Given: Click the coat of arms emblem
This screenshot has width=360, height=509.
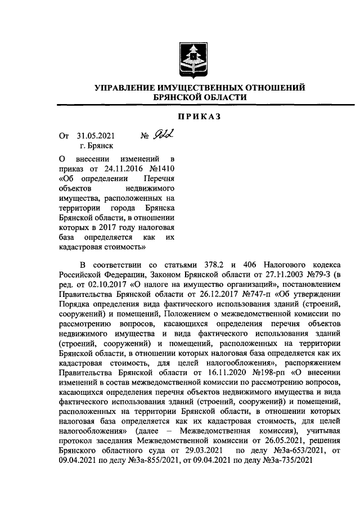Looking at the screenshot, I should tap(193, 58).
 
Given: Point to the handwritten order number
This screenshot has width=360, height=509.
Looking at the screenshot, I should tap(163, 134).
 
